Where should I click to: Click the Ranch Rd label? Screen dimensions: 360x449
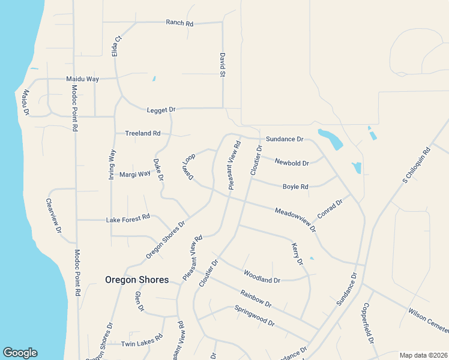179,23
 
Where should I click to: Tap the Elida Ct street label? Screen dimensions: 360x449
117,46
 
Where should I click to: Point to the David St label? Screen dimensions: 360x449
222,65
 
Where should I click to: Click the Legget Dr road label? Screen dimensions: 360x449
161,110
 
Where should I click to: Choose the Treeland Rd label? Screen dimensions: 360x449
142,133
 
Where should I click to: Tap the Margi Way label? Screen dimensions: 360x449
134,174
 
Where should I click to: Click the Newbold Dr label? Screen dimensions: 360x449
292,163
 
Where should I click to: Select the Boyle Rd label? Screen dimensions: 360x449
295,187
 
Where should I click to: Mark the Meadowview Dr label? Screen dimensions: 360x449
295,220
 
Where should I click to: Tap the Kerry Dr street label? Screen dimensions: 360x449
297,254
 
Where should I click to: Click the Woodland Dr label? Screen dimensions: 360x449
262,276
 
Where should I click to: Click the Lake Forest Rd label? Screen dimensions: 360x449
128,220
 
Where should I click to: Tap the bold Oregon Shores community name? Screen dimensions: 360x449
137,280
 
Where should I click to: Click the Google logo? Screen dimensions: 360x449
20,353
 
